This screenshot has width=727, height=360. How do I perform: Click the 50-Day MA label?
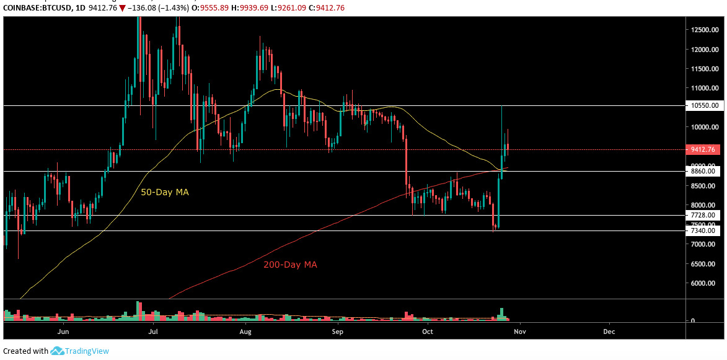pyautogui.click(x=165, y=193)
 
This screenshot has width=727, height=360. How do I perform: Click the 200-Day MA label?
pyautogui.click(x=290, y=265)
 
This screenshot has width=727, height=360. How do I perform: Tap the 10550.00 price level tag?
pyautogui.click(x=703, y=106)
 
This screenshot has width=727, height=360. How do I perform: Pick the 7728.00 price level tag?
pyautogui.click(x=703, y=215)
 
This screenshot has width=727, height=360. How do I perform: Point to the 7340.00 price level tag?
pyautogui.click(x=703, y=230)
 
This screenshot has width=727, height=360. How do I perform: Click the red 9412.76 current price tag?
pyautogui.click(x=703, y=149)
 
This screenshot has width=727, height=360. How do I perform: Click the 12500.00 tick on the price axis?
pyautogui.click(x=705, y=30)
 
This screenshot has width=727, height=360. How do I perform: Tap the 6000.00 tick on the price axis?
pyautogui.click(x=705, y=283)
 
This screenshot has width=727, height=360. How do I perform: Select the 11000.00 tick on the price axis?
pyautogui.click(x=705, y=88)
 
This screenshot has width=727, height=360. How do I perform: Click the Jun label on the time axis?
pyautogui.click(x=63, y=331)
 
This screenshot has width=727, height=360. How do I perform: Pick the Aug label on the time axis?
pyautogui.click(x=245, y=331)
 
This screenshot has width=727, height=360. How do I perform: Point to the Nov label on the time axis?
pyautogui.click(x=519, y=331)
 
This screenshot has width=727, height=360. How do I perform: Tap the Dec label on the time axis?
pyautogui.click(x=609, y=331)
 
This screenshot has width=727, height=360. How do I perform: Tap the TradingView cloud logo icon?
pyautogui.click(x=58, y=351)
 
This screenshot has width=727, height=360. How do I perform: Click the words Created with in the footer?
pyautogui.click(x=25, y=351)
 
